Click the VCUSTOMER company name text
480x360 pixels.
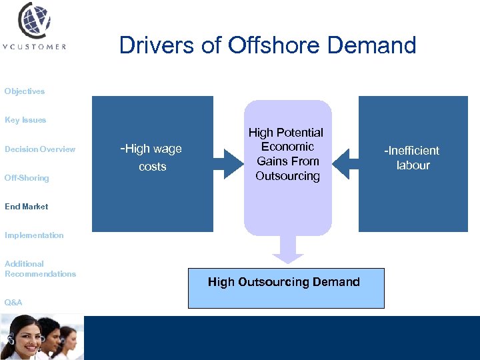coord(35,47)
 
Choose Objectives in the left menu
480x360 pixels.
coord(25,91)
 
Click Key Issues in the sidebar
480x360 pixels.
coord(25,120)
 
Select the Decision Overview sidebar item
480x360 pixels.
coord(40,149)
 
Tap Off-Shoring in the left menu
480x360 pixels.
coord(27,178)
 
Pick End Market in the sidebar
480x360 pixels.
coord(27,207)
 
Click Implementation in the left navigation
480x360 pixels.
coord(34,235)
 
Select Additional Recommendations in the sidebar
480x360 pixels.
coord(40,269)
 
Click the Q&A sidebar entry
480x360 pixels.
coord(13,303)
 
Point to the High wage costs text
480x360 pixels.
coord(151,157)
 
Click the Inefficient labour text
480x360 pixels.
coord(412,158)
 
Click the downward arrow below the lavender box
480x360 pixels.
coord(288,251)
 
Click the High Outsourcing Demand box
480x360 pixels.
coord(286,288)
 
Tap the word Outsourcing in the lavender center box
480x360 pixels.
coord(287,176)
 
